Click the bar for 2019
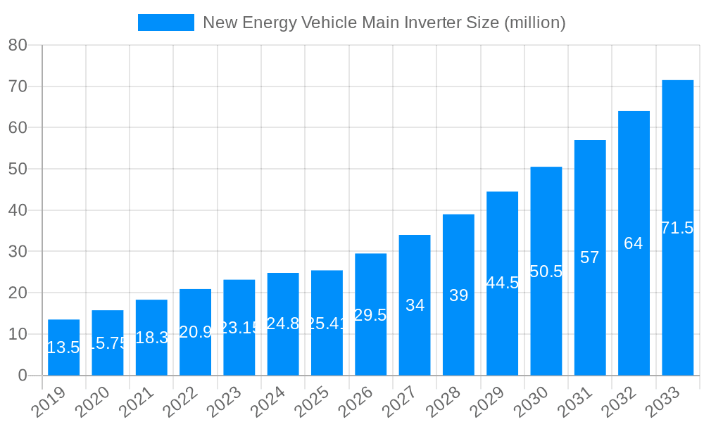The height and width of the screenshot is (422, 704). [64, 347]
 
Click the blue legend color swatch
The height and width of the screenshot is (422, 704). [166, 23]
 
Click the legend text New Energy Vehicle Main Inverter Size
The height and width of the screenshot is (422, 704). [384, 23]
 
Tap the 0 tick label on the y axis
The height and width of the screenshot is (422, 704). [23, 376]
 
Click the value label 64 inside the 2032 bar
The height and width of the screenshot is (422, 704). [634, 243]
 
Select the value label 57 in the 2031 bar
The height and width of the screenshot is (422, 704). [590, 257]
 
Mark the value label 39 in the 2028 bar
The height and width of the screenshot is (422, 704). [458, 295]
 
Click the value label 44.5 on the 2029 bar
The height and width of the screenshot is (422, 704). [503, 283]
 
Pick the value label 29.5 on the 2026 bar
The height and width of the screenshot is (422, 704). [370, 315]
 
